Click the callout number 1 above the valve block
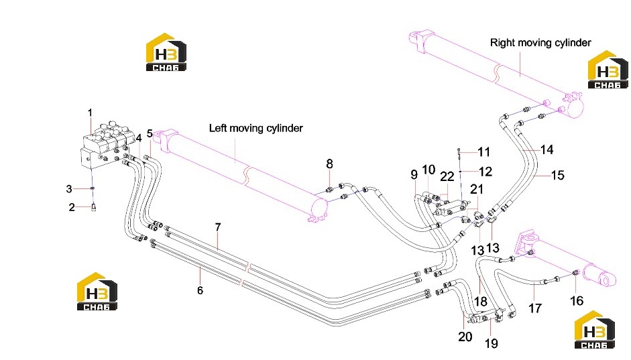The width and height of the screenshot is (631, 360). pos(90,113)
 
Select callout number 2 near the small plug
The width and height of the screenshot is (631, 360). pos(72,207)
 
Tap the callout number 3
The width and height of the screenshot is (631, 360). pos(69,188)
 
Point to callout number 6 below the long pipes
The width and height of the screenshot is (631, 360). pos(200,290)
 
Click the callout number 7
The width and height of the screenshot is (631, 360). pos(218,227)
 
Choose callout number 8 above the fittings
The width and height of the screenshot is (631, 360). pos(330,164)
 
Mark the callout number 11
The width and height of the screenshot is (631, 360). pos(483,152)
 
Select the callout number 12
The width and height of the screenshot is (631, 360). pos(485,172)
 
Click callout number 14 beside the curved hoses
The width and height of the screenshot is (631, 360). pos(547,150)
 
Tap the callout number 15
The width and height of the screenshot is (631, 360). pos(558,175)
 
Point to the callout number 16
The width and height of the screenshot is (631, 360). pos(577,300)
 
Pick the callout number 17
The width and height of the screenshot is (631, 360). pos(535,308)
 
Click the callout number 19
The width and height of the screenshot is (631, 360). pos(492,343)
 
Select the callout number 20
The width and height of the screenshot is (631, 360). pos(465,337)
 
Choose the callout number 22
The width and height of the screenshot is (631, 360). pos(447,176)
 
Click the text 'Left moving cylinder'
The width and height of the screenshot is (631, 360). pos(256,128)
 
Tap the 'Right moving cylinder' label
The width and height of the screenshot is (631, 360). pos(540,43)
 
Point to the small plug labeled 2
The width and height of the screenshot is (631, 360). pos(94,207)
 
